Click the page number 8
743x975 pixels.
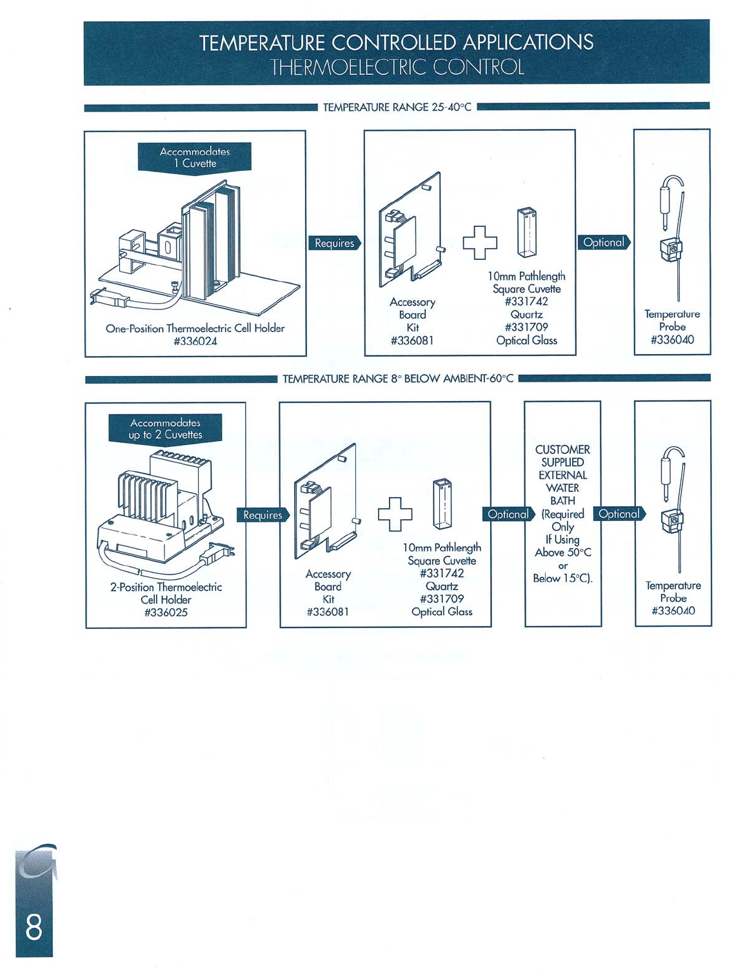pyautogui.click(x=34, y=928)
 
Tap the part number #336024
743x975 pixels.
pyautogui.click(x=195, y=341)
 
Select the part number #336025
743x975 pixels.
pyautogui.click(x=166, y=613)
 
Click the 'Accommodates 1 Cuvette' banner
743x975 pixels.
pyautogui.click(x=194, y=157)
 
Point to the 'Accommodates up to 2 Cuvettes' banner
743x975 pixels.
pyautogui.click(x=165, y=429)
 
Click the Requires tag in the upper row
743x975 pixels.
pyautogui.click(x=334, y=243)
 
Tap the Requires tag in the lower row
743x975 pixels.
pyautogui.click(x=263, y=515)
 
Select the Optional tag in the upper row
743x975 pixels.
pyautogui.click(x=604, y=242)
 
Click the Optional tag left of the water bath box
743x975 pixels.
pyautogui.click(x=508, y=514)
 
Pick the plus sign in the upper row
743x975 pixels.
pyautogui.click(x=480, y=242)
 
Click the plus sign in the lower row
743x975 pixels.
pyautogui.click(x=395, y=514)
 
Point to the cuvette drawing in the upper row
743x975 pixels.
pyautogui.click(x=527, y=232)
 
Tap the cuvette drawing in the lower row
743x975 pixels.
pyautogui.click(x=442, y=504)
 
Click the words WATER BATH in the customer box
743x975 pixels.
pyautogui.click(x=562, y=494)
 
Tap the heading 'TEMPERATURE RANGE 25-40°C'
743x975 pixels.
pyautogui.click(x=397, y=107)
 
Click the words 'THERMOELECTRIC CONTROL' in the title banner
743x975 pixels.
pyautogui.click(x=397, y=67)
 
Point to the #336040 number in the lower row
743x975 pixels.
pyautogui.click(x=673, y=611)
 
